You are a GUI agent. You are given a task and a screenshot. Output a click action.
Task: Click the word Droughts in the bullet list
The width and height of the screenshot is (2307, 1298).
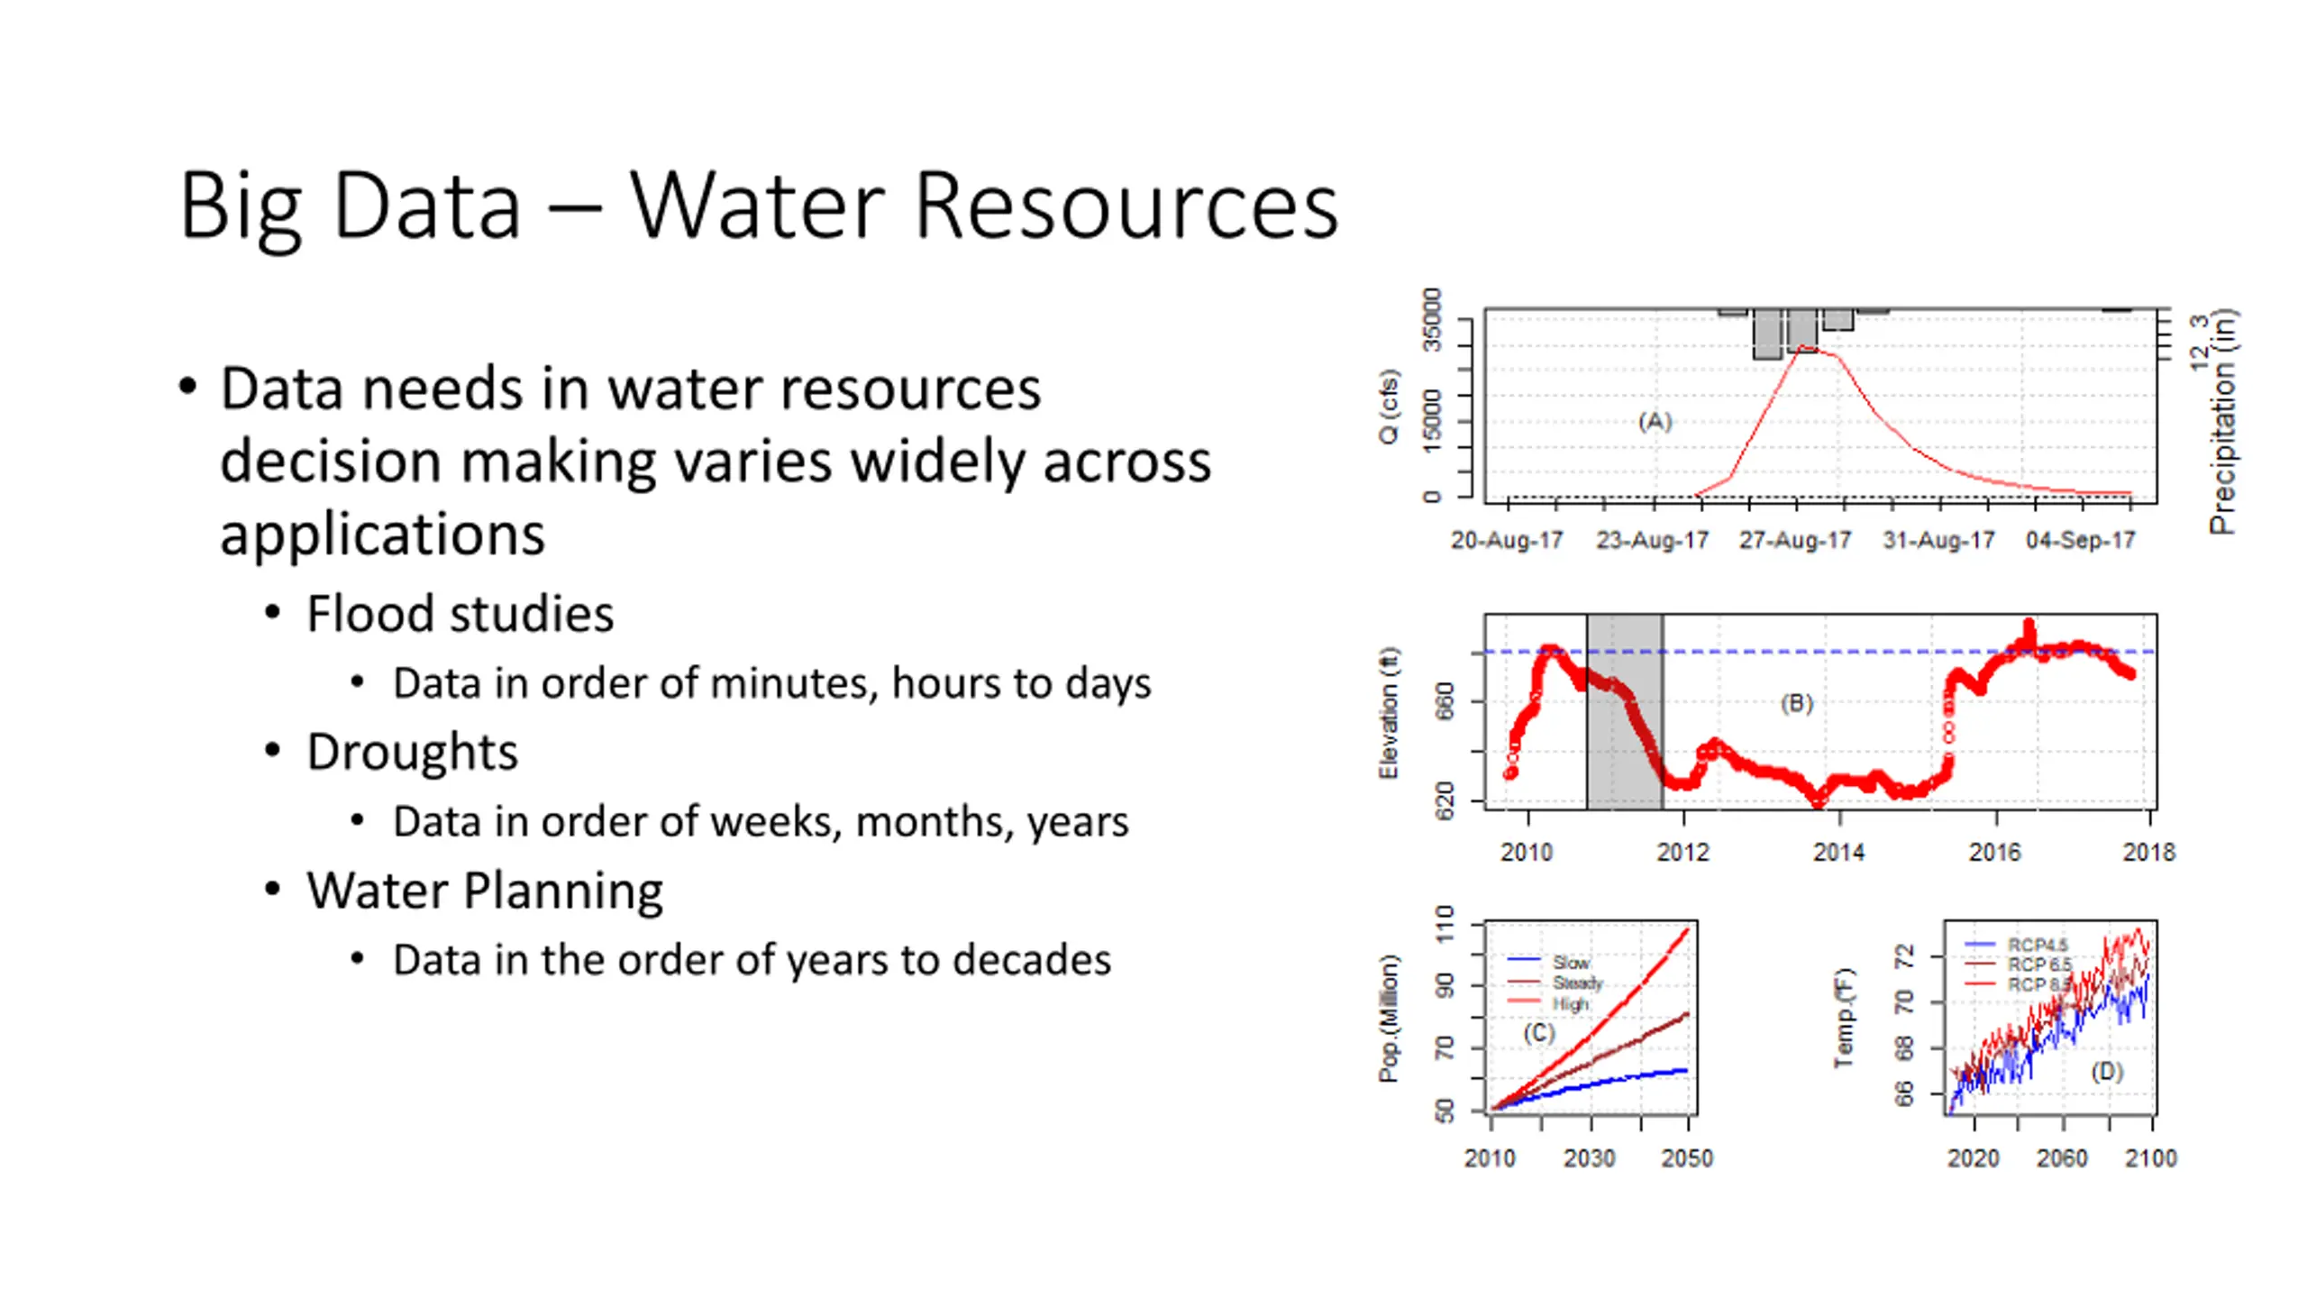412,752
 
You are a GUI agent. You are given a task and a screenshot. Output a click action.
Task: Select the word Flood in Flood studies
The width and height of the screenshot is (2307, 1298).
369,614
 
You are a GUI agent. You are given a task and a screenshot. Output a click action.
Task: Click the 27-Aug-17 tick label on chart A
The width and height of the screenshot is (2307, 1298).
1794,541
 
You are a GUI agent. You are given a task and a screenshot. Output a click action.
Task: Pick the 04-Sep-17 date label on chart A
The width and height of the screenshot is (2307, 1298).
2080,541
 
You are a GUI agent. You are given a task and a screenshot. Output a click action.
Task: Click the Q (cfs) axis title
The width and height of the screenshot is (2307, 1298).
1389,407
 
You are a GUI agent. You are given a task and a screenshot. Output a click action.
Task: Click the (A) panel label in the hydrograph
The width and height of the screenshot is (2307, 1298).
1655,421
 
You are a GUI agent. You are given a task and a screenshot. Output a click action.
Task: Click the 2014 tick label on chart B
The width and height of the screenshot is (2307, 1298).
1838,853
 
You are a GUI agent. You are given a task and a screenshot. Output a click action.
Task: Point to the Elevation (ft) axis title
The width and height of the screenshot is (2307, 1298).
1389,713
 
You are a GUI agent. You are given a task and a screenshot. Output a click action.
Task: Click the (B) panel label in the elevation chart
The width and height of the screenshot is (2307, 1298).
1796,703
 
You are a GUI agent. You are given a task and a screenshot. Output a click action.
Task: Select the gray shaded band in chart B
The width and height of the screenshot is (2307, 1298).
1624,712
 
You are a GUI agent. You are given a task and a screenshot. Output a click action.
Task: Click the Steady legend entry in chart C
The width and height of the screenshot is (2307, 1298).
1577,983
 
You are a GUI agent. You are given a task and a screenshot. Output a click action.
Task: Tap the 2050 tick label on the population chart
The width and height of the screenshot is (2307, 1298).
1687,1159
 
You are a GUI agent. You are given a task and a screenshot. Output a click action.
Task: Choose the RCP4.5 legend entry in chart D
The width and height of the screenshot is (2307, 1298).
2037,945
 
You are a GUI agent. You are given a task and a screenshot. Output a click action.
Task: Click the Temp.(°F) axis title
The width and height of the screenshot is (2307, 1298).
1846,1018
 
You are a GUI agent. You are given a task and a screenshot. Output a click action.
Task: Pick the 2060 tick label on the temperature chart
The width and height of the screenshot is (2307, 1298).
2062,1159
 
